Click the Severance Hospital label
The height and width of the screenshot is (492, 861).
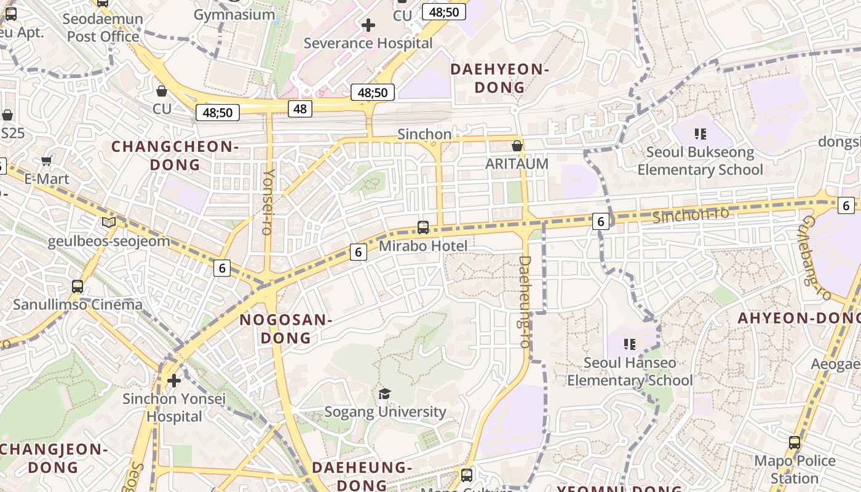[368, 43]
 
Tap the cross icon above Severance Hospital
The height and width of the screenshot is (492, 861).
[368, 25]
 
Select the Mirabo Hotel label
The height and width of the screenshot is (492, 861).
[423, 246]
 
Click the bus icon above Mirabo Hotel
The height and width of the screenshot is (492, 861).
[423, 228]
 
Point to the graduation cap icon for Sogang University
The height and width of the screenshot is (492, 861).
[385, 394]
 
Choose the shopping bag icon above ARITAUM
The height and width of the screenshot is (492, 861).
[517, 146]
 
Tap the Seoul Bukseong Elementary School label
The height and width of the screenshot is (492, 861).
[700, 161]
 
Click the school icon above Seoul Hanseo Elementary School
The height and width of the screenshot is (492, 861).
[629, 344]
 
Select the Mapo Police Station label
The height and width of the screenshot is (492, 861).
[795, 469]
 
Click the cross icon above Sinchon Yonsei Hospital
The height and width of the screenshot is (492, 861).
[174, 381]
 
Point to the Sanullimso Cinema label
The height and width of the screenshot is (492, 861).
[77, 304]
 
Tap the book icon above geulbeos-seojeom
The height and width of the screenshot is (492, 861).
[109, 223]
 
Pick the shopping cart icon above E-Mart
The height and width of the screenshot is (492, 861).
[46, 161]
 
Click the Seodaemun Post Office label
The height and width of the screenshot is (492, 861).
[103, 28]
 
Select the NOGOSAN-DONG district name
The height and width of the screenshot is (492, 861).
[286, 328]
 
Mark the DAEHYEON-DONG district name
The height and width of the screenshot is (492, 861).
[500, 78]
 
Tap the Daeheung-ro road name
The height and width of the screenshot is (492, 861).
[524, 301]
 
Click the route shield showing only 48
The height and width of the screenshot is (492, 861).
[300, 109]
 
